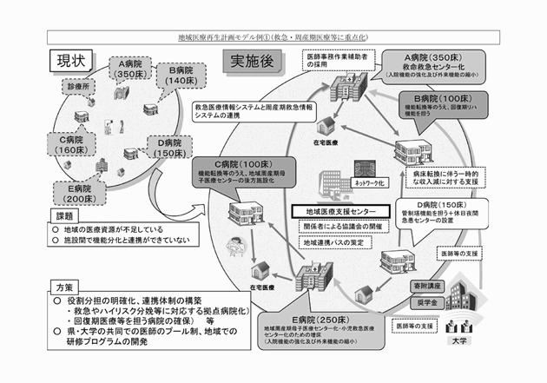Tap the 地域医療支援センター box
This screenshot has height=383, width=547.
click(x=339, y=211)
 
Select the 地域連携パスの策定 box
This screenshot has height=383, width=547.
click(x=331, y=242)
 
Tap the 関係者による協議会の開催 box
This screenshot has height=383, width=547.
click(x=339, y=228)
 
